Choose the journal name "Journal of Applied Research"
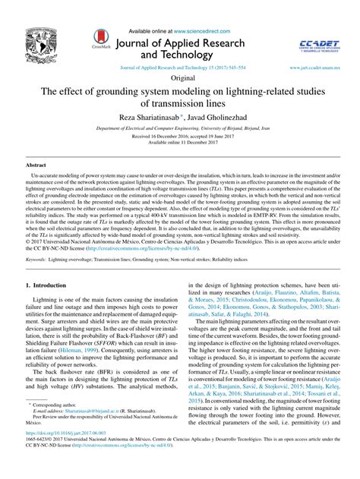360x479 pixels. pyautogui.click(x=193, y=42)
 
